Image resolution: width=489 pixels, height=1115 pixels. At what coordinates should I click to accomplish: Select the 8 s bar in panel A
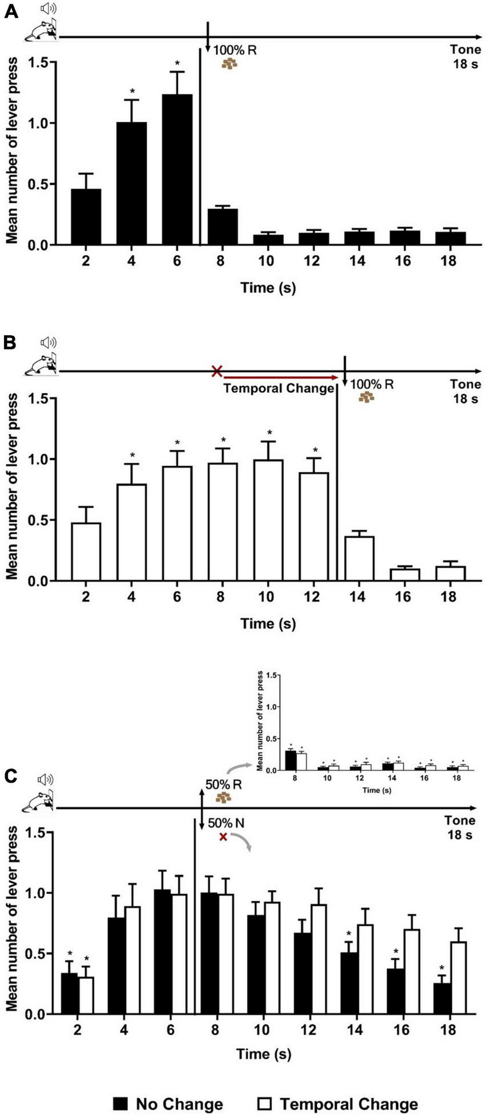coord(222,227)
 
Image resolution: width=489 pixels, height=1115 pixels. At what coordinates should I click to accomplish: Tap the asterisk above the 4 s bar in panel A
coord(132,92)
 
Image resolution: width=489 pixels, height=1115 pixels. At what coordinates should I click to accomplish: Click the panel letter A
coord(11,11)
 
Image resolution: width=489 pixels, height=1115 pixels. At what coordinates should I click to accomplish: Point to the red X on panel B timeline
coord(217,371)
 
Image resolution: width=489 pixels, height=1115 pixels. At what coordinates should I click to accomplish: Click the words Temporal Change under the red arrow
coord(278,388)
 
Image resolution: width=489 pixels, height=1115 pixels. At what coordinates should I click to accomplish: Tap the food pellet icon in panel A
coord(229,64)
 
